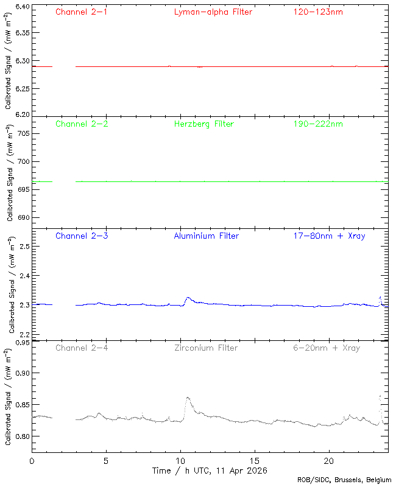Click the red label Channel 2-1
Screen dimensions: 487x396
tap(81, 12)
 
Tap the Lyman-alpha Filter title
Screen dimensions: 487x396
tap(213, 12)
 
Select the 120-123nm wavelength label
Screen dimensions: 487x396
tap(317, 12)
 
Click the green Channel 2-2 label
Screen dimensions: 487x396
tap(81, 124)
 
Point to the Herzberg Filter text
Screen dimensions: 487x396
tap(203, 124)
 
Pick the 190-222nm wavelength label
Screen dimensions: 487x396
tap(317, 124)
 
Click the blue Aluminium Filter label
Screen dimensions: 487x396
tap(206, 236)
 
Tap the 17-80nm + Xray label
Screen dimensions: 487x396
tap(329, 236)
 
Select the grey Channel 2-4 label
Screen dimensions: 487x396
tap(81, 348)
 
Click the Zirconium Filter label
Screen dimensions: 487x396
tap(206, 348)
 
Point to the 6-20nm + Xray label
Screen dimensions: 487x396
tap(326, 348)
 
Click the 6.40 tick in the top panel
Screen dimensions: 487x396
tap(21, 7)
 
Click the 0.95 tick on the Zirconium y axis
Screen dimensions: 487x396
tap(21, 343)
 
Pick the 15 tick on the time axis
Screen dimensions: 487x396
tap(255, 461)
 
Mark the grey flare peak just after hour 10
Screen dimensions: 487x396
tap(188, 398)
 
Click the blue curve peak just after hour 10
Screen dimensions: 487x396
tap(188, 298)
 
